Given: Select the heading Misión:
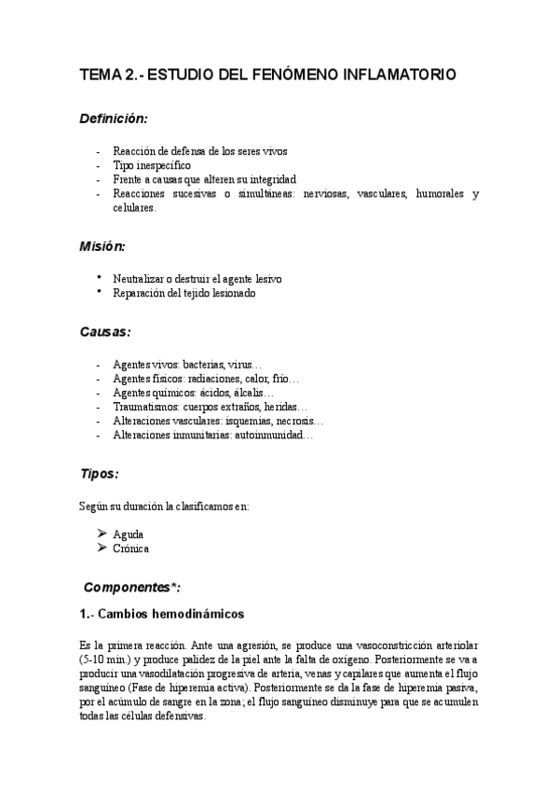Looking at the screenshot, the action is tap(102, 246).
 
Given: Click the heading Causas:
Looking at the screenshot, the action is tap(104, 331).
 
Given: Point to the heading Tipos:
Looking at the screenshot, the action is tap(99, 473).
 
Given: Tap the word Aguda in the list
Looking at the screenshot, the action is tap(129, 534).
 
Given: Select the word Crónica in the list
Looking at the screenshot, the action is tap(131, 548).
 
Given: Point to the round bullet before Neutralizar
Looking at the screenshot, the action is tap(99, 278).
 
